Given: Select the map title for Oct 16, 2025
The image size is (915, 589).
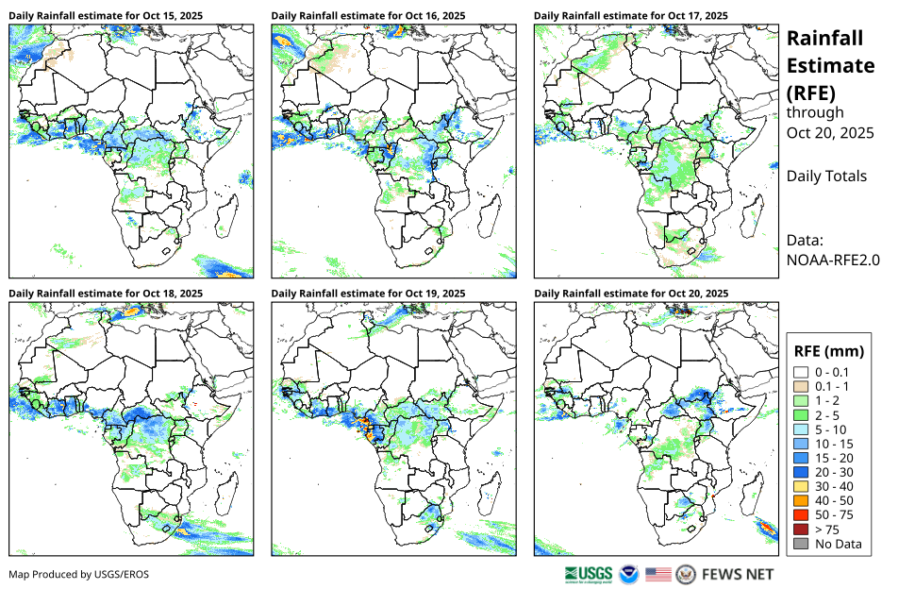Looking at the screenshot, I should pyautogui.click(x=368, y=16).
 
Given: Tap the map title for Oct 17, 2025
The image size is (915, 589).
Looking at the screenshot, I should pyautogui.click(x=630, y=16).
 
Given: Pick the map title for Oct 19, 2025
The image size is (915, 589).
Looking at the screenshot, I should pyautogui.click(x=368, y=294).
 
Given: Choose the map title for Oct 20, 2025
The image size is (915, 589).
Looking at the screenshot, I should pyautogui.click(x=630, y=294).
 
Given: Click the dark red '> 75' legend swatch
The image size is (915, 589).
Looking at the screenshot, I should pyautogui.click(x=802, y=530).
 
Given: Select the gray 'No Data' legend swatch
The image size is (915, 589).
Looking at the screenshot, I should pyautogui.click(x=802, y=544).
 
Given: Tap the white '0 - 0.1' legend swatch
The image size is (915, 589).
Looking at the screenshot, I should pyautogui.click(x=802, y=372).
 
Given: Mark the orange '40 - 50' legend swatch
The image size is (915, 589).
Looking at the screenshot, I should pyautogui.click(x=802, y=500).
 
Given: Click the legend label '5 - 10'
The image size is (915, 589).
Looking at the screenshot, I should pyautogui.click(x=832, y=429).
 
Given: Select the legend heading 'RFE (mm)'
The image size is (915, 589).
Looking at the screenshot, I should pyautogui.click(x=829, y=351).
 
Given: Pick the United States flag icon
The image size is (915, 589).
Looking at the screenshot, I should pyautogui.click(x=658, y=574).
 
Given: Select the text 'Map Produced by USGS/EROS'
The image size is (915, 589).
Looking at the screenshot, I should pyautogui.click(x=79, y=574).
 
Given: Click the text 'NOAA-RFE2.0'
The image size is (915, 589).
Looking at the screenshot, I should pyautogui.click(x=833, y=260).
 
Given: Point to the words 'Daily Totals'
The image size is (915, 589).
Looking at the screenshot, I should pyautogui.click(x=826, y=176).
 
